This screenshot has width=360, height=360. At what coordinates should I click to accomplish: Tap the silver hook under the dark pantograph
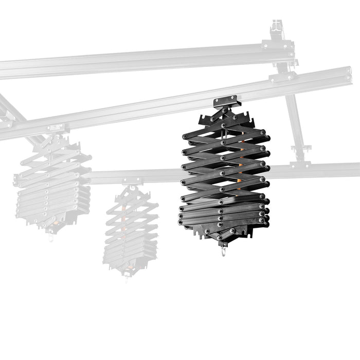224,251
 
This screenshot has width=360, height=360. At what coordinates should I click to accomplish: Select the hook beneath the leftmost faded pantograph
50,238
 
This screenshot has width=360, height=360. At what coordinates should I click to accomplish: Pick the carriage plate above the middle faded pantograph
132,181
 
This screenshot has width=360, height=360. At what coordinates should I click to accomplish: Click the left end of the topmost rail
3,70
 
